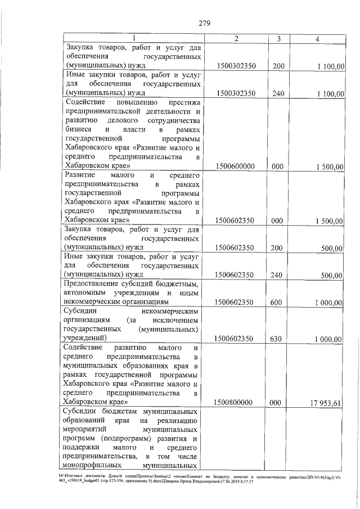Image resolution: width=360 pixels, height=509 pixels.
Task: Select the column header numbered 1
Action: (x=134, y=38)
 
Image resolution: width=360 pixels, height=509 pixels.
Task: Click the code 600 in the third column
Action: (x=276, y=303)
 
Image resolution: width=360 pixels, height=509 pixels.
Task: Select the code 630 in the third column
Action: (x=276, y=338)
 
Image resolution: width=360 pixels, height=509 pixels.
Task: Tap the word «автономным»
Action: (x=87, y=293)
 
